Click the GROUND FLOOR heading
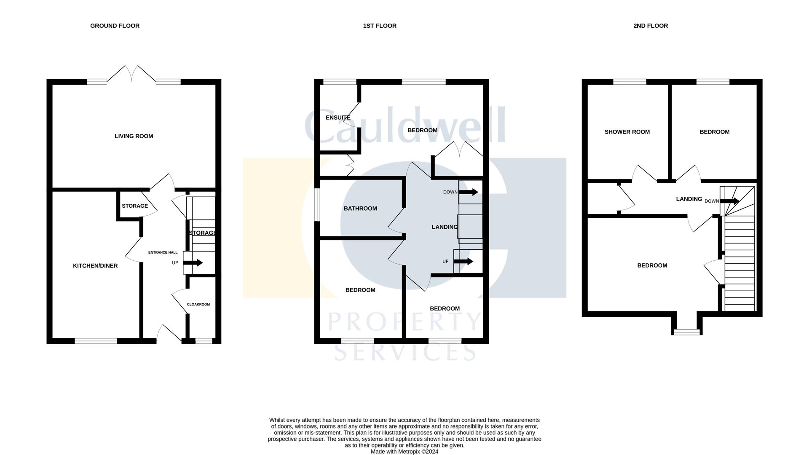115,26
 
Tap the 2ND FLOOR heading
651,26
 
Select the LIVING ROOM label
134,136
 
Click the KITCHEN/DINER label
95,266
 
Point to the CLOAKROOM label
198,304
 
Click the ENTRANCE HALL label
163,252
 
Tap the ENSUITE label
338,118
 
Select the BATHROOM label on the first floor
360,209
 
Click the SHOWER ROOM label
627,132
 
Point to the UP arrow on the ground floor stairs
193,263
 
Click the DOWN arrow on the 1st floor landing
469,192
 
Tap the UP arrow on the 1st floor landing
463,262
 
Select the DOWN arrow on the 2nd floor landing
730,201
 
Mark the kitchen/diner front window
96,341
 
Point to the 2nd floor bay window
686,332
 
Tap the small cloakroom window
204,341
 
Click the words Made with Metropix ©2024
404,452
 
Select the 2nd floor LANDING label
689,199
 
